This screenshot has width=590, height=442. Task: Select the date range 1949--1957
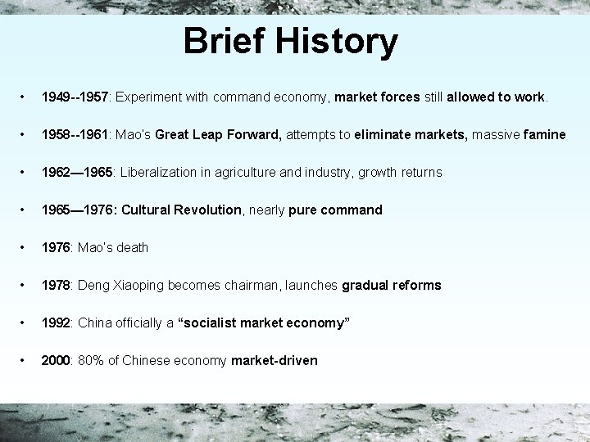(x=75, y=97)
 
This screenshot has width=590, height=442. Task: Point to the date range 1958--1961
(x=75, y=135)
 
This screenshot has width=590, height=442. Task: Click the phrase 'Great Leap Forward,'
(x=220, y=135)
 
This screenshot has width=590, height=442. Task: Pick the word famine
(x=544, y=135)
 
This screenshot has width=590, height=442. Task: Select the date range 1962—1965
(x=76, y=173)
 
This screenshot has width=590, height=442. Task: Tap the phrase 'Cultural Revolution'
(x=181, y=210)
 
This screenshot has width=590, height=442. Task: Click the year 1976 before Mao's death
(x=57, y=248)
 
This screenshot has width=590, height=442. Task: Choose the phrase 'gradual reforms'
(x=392, y=286)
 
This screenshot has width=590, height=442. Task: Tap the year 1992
(x=57, y=323)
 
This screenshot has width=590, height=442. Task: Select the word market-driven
(x=275, y=361)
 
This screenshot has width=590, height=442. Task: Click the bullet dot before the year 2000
(x=29, y=361)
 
